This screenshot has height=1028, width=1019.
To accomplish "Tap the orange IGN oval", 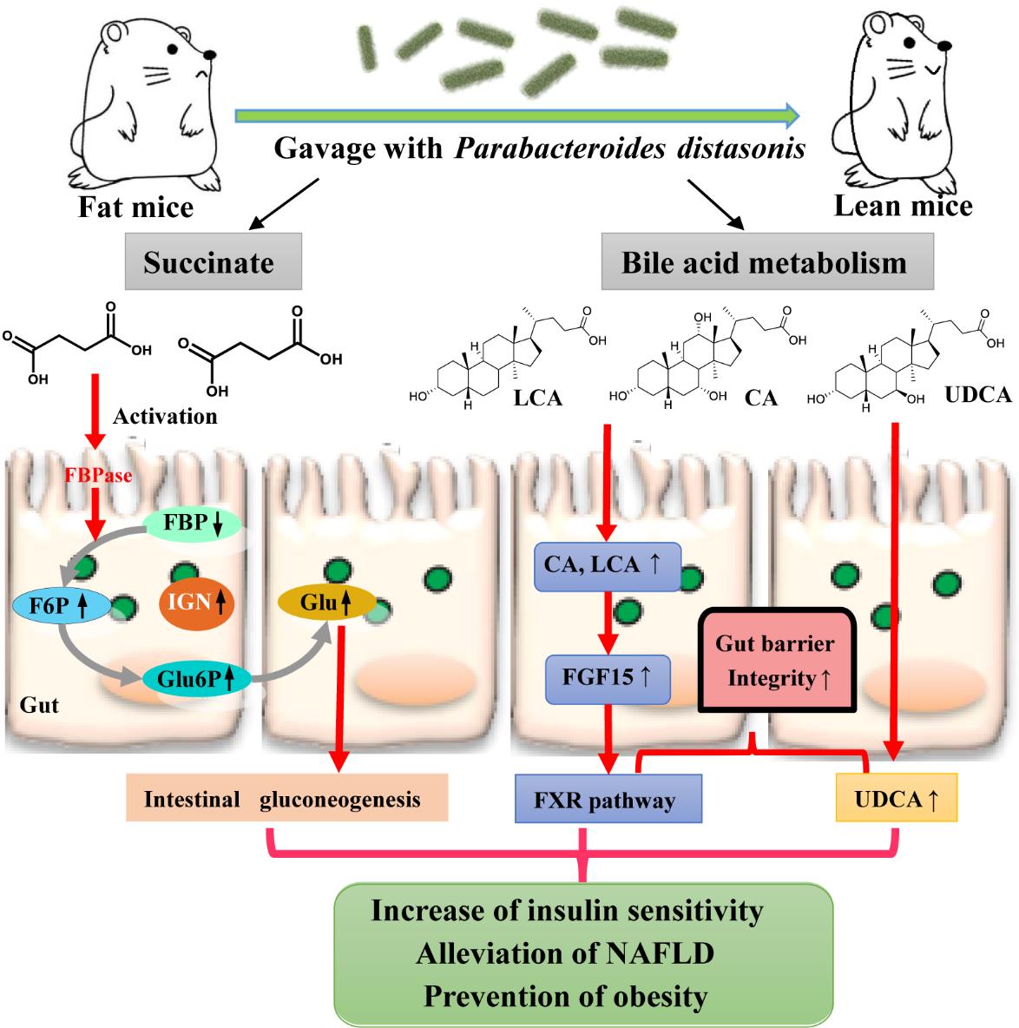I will [196, 599].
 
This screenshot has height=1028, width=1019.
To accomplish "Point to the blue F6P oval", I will [61, 605].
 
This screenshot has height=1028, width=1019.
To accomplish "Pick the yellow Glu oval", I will [325, 601].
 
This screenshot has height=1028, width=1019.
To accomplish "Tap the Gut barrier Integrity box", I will [775, 660].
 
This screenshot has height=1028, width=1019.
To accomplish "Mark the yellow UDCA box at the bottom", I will [896, 799].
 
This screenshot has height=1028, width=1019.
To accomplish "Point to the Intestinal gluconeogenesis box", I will [286, 797].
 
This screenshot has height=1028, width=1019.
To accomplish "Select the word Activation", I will [165, 416].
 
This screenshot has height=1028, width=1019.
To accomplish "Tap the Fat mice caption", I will [135, 207].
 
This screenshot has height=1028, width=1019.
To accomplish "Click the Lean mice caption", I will [903, 205].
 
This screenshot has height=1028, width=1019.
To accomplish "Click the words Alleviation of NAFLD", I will [565, 953].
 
